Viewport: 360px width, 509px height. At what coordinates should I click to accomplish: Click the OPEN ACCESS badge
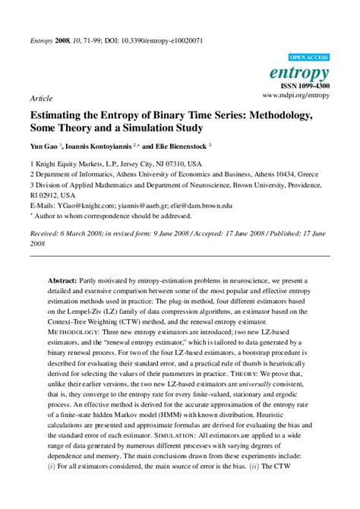(x=310, y=58)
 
